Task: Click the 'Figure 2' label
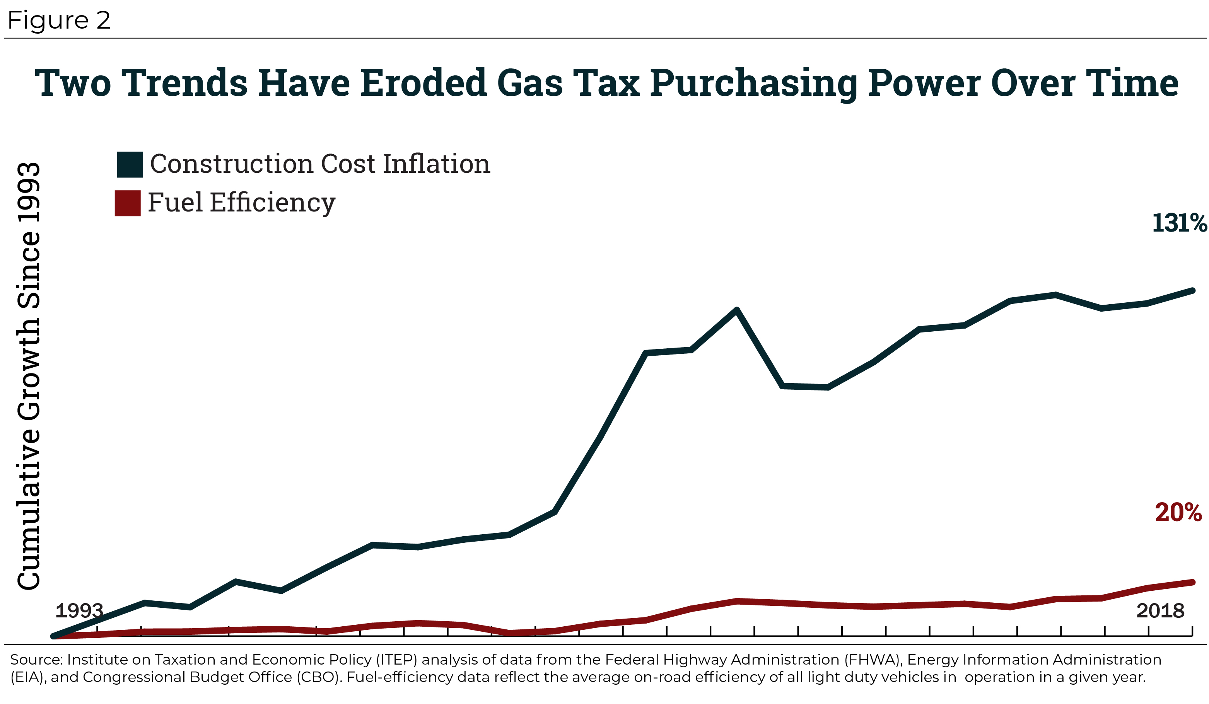(58, 20)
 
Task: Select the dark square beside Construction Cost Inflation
(130, 164)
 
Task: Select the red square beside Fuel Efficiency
(128, 203)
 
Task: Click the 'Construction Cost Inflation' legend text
(320, 164)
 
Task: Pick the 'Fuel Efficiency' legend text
(241, 202)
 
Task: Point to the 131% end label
(1179, 223)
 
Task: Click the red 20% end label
(1178, 512)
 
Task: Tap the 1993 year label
(79, 610)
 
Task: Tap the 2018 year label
(1160, 610)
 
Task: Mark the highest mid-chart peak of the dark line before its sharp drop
(736, 309)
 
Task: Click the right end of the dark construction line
(1193, 290)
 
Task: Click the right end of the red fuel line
(1193, 582)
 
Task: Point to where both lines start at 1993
(53, 636)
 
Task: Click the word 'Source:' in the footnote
(36, 660)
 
